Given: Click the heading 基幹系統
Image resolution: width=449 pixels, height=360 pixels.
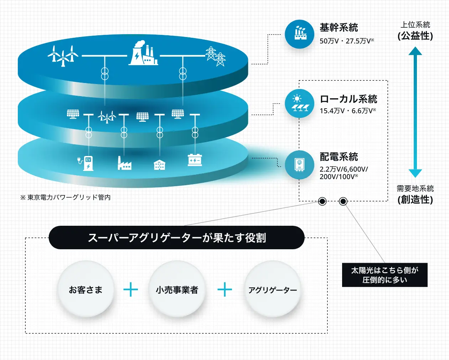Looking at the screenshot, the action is [x=339, y=28].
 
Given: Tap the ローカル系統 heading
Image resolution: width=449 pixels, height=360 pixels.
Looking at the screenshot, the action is [x=349, y=99].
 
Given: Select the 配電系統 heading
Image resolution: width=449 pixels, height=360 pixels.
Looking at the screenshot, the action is [x=339, y=157].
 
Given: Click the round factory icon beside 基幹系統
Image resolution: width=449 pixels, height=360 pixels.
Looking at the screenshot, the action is [x=299, y=34].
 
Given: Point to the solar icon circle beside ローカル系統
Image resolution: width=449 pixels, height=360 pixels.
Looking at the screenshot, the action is [x=299, y=104].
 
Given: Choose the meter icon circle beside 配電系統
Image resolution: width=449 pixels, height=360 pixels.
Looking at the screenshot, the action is [x=299, y=165].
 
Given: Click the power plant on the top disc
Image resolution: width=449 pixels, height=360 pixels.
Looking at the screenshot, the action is [x=143, y=53].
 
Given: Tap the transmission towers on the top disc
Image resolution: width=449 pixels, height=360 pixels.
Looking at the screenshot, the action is [x=216, y=56].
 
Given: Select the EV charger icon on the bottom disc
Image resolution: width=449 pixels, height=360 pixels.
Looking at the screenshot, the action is [x=86, y=163].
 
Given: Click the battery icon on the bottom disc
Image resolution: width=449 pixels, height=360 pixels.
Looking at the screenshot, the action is [x=195, y=160].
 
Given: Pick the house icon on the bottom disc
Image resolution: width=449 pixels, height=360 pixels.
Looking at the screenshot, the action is [x=159, y=165].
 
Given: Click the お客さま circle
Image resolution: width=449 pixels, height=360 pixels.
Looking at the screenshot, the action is [x=86, y=289].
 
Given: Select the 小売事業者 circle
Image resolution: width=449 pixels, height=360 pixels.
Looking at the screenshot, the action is [x=177, y=289].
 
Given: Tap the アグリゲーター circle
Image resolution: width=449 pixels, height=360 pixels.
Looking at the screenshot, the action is [x=273, y=289].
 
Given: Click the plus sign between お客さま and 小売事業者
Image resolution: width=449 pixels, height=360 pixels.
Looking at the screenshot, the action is [x=131, y=289].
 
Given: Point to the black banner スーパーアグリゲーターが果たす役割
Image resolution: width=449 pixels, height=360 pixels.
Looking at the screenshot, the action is [x=176, y=238].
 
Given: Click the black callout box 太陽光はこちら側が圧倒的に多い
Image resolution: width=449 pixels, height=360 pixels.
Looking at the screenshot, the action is [x=385, y=275].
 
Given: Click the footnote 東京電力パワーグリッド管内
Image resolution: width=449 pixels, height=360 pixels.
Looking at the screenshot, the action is [x=69, y=197].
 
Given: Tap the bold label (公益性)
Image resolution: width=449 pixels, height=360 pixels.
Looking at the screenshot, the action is [x=415, y=36].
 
